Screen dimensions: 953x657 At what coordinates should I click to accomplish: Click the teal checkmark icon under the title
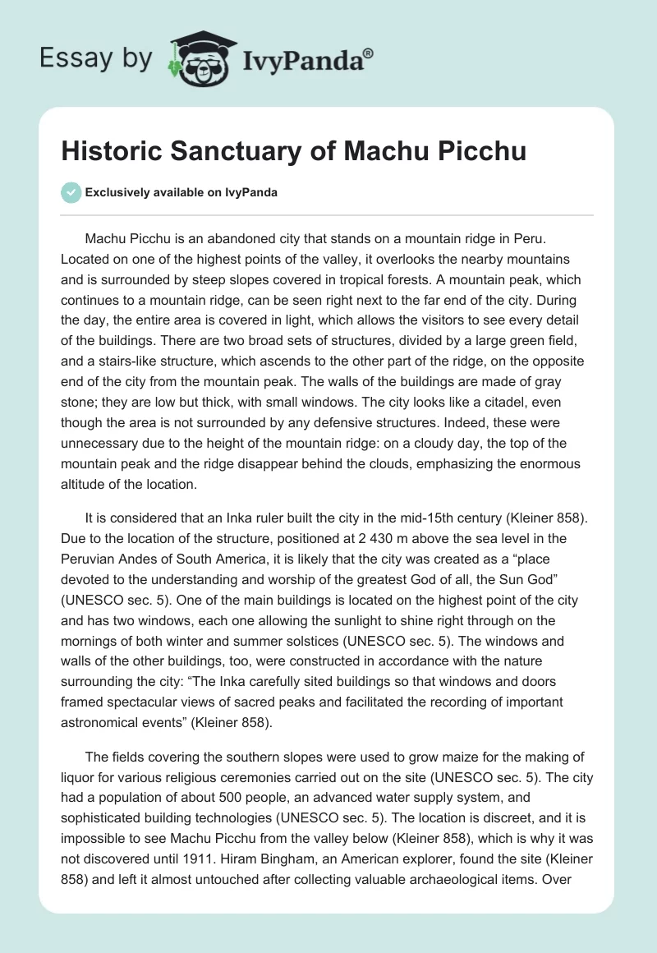(x=71, y=192)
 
